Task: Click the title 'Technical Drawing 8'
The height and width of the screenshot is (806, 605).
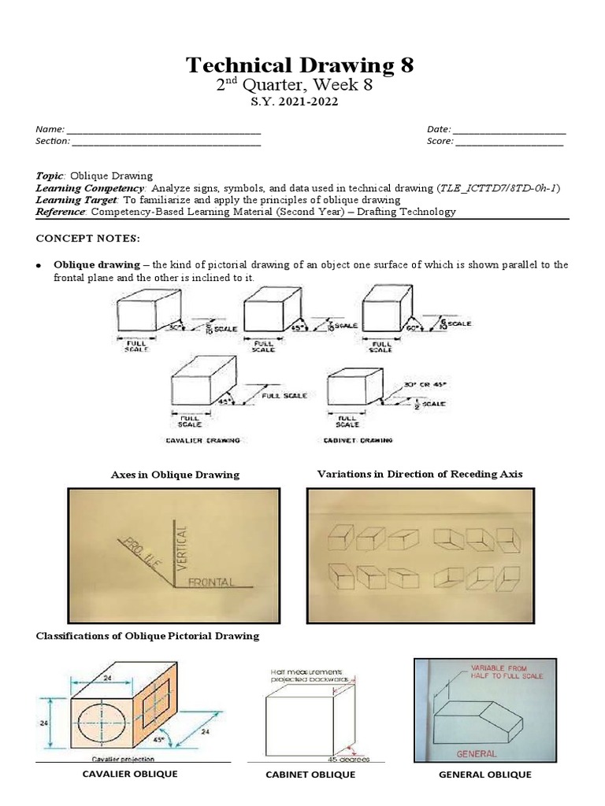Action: point(300,65)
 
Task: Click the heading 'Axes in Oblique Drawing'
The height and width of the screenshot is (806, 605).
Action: point(175,475)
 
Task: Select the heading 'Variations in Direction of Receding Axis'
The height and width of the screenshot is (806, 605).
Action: point(419,474)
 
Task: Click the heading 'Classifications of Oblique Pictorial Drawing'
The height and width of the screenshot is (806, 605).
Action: point(147,635)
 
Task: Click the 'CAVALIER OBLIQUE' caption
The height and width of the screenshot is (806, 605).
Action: point(130,774)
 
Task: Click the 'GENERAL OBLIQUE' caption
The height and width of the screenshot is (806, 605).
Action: point(484,775)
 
